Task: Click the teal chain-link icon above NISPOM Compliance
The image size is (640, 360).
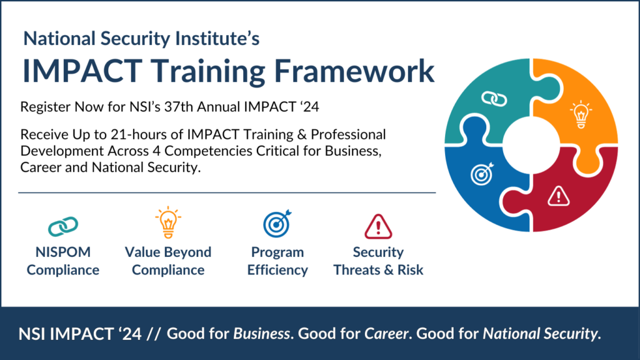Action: coord(63,226)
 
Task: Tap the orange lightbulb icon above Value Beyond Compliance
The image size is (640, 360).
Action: coord(168,222)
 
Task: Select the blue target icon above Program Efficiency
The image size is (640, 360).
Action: coord(277,224)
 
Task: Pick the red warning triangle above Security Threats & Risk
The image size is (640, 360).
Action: coord(378,226)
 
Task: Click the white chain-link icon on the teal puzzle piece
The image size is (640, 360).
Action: coord(494,99)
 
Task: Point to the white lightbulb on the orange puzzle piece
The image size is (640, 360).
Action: coord(581,115)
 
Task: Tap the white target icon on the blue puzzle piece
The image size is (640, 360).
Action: coord(482,174)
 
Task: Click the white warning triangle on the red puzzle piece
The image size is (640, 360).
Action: coord(558,196)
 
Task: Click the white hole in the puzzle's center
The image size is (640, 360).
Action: coord(531,145)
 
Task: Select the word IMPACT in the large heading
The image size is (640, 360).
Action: coord(83,71)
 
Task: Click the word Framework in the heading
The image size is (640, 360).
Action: coord(354,71)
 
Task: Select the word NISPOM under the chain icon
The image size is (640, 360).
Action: coord(63,252)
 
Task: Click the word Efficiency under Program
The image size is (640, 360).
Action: coord(277,270)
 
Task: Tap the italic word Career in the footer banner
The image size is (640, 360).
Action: coord(386,334)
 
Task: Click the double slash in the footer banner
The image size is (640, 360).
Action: coord(154,334)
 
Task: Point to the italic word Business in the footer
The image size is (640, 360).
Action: coord(262,334)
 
